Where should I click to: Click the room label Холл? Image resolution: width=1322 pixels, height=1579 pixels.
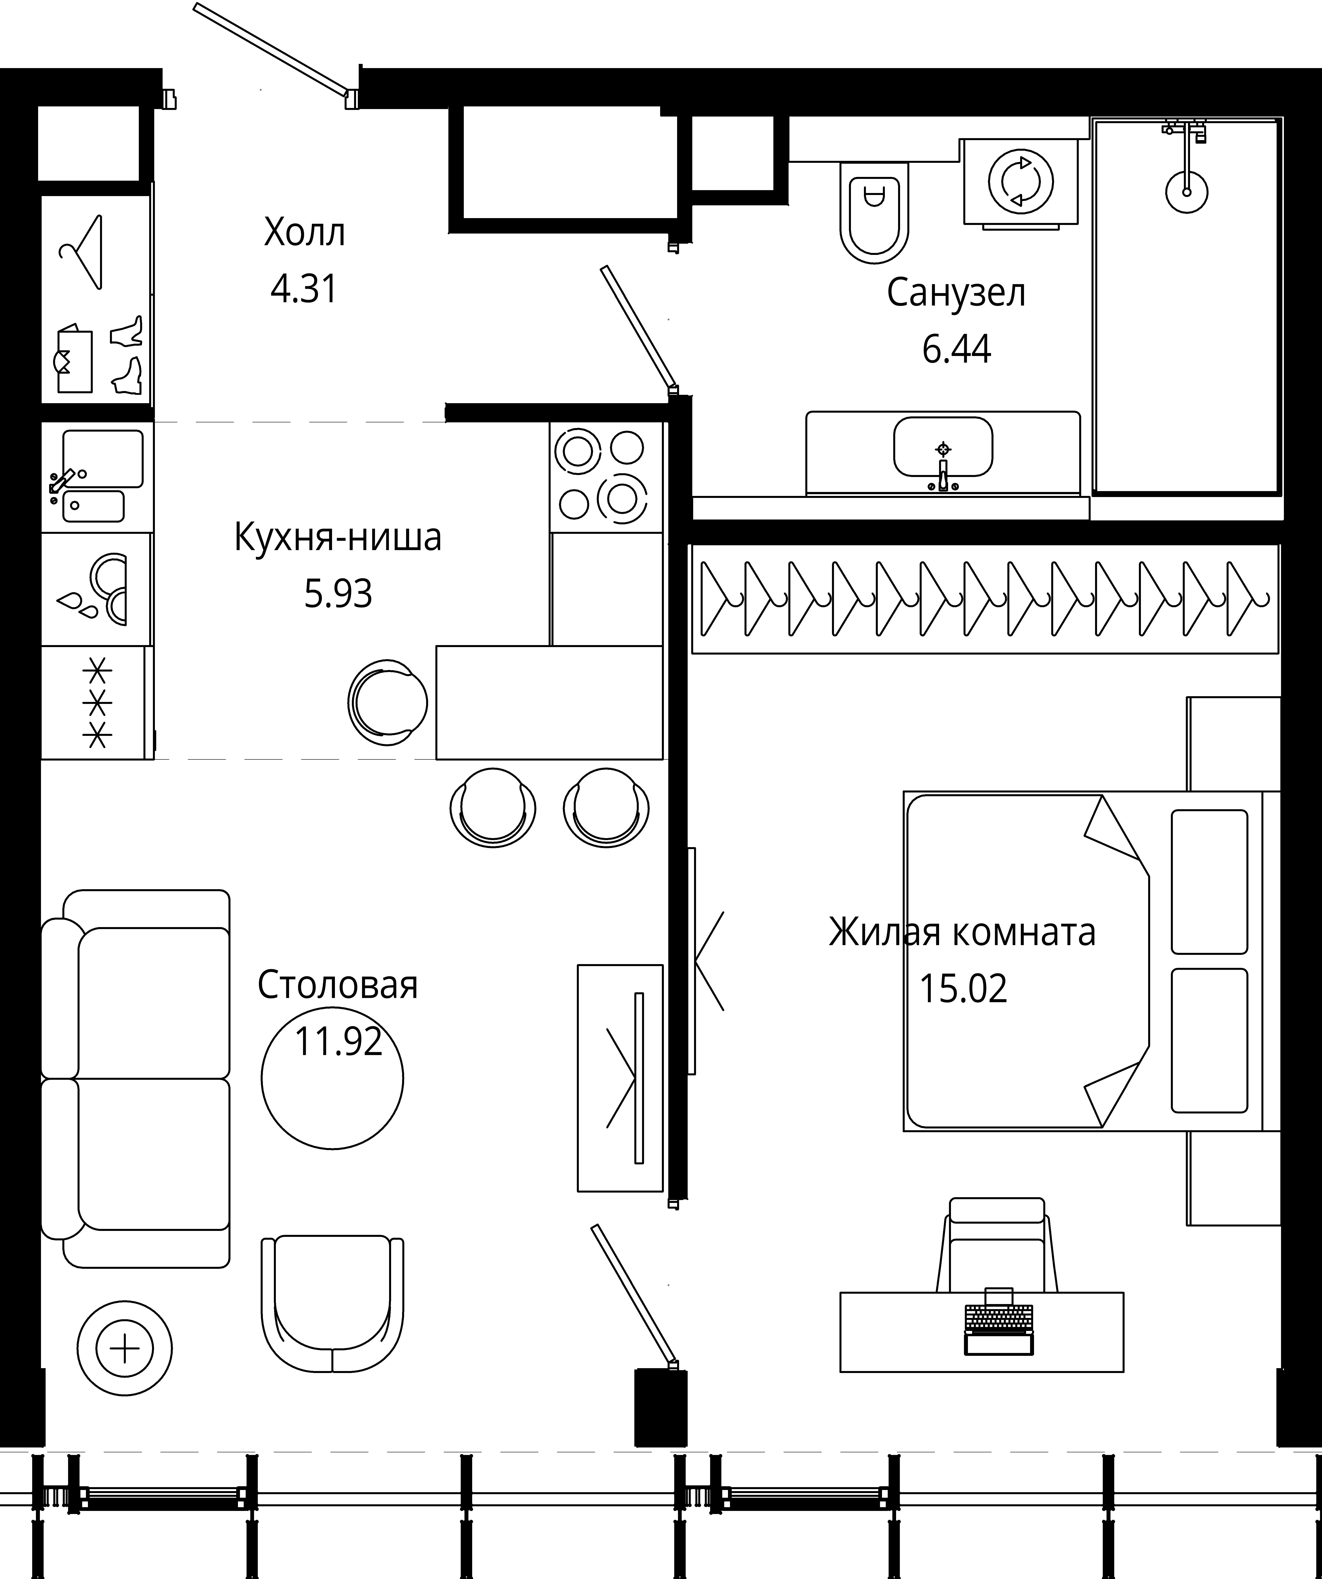coord(305,233)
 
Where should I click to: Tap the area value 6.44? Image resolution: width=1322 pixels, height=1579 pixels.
coord(956,349)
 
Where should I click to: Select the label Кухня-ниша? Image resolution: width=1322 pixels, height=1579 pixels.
coord(338,538)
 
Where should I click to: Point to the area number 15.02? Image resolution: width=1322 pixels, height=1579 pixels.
coord(963,989)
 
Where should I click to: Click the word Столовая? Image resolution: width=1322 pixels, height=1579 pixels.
coord(338,985)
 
